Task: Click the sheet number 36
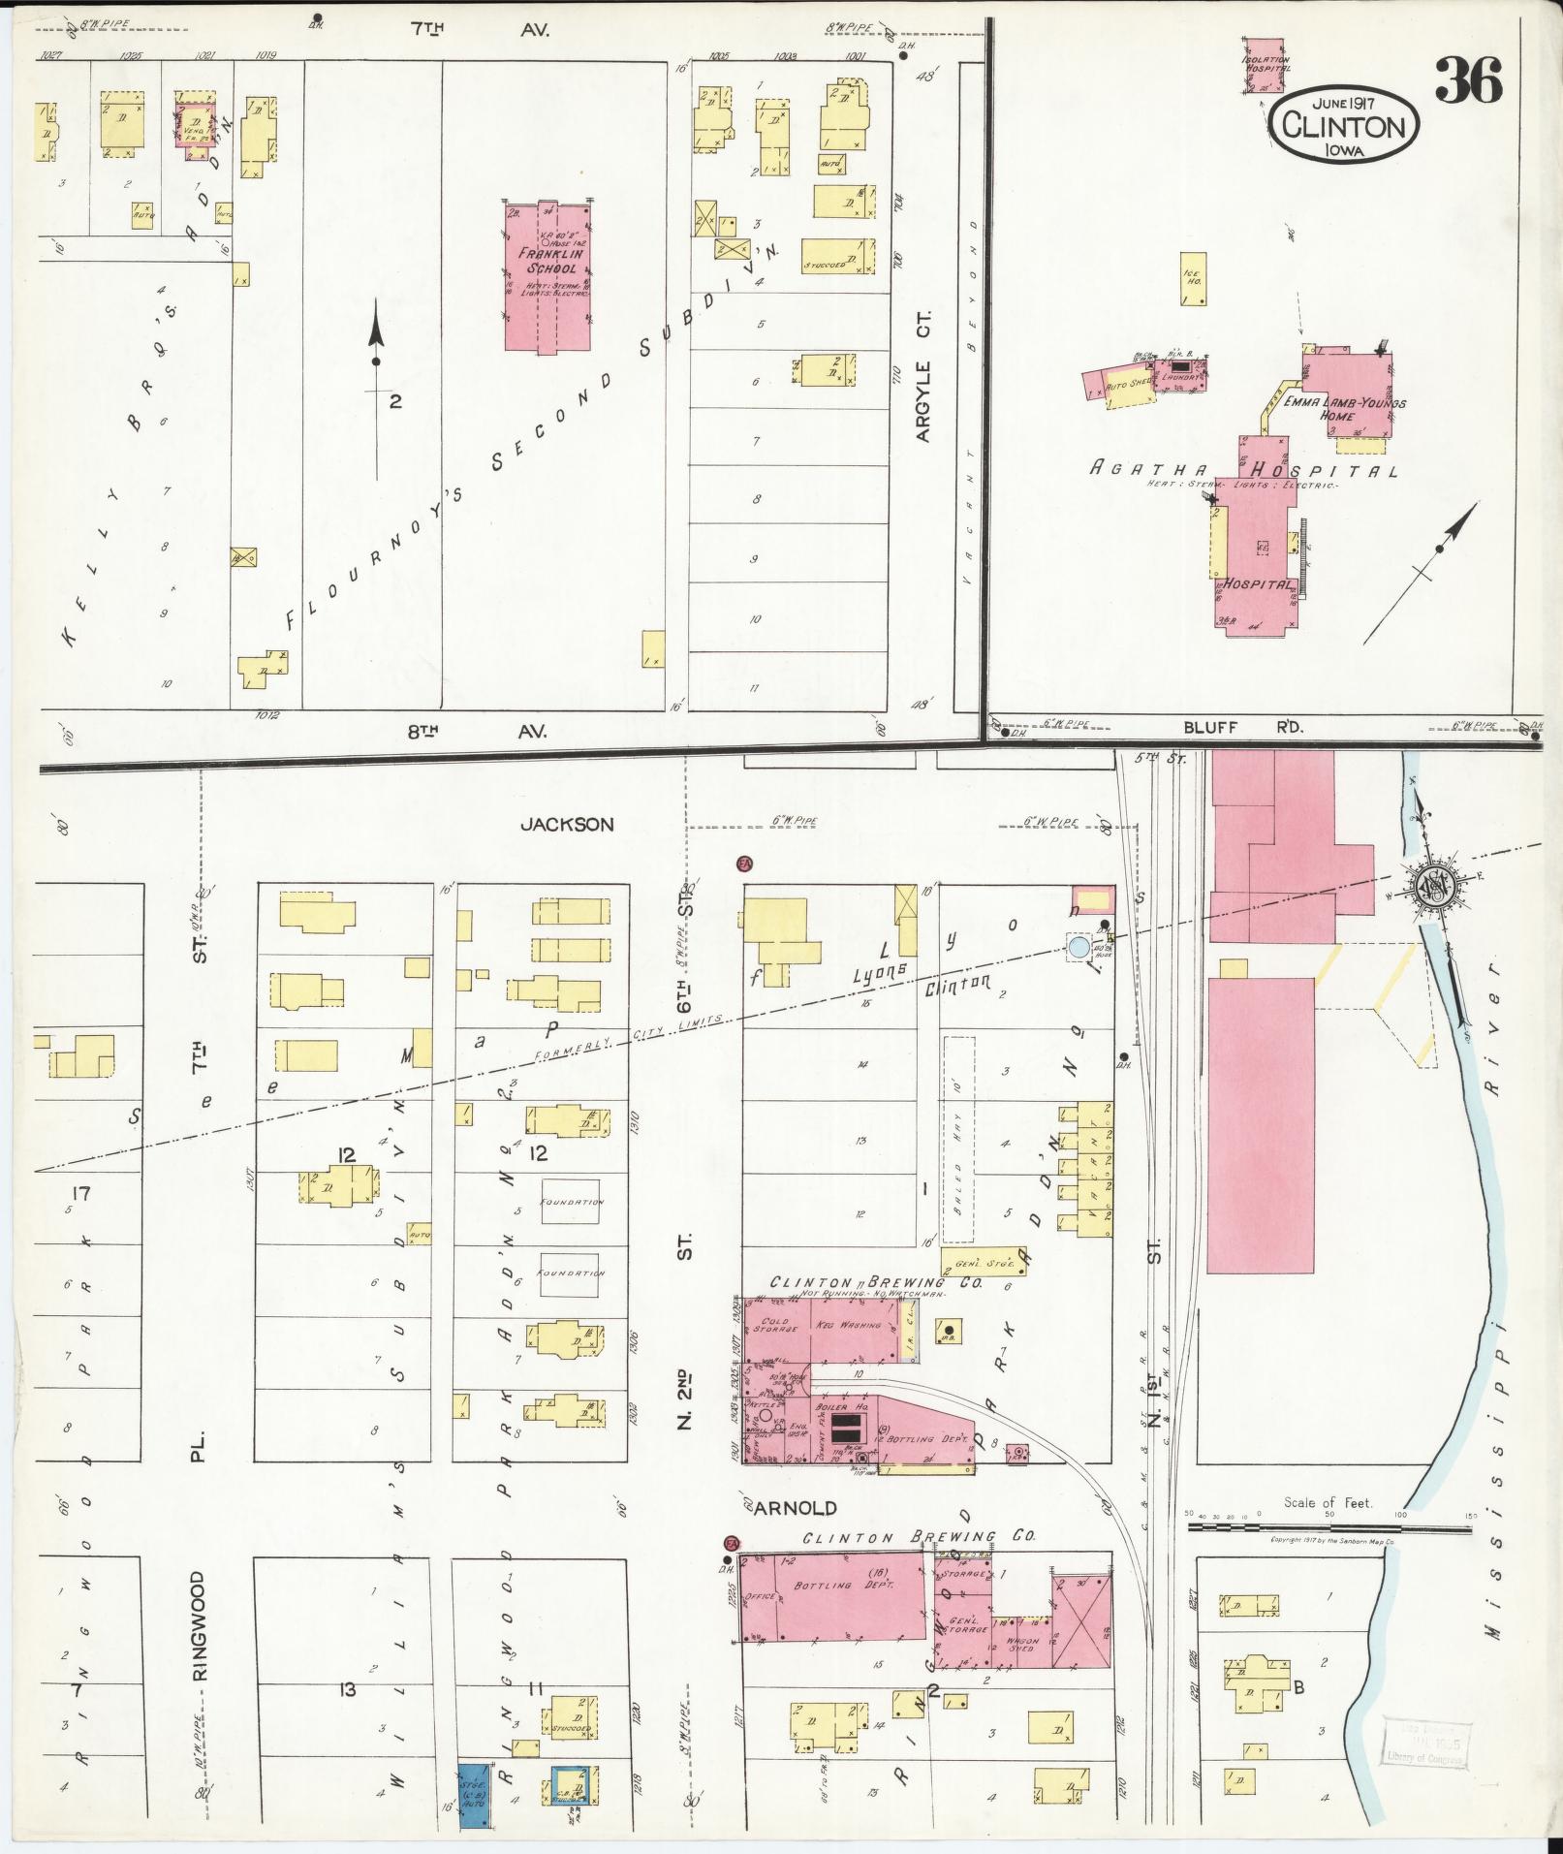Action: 1468,80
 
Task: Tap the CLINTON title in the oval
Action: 1344,126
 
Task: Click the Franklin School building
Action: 548,275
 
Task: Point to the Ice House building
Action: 1192,279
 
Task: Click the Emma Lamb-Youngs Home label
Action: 1344,408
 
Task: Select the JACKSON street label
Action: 567,825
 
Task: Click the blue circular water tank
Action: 1078,948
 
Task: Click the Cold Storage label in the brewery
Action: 777,1325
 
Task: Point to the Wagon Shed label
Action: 1021,1645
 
